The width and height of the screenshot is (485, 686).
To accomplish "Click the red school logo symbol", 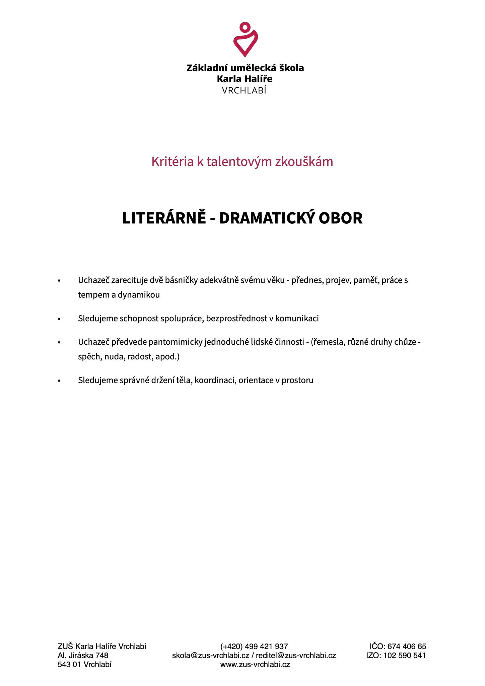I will [x=245, y=40].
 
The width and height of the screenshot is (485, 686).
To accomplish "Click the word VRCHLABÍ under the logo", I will [x=244, y=90].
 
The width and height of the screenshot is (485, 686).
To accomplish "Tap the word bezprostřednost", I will [x=236, y=318].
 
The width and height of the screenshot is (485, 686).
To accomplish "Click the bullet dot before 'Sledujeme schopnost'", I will [x=59, y=319].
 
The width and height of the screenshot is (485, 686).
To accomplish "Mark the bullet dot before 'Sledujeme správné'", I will [x=59, y=381].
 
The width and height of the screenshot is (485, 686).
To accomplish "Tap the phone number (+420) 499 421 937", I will [x=254, y=646].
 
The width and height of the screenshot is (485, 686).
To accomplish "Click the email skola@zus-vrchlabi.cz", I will [x=211, y=655].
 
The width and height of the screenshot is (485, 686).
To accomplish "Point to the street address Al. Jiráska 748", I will [x=83, y=655].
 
